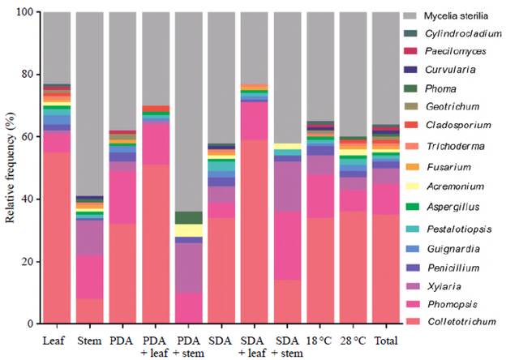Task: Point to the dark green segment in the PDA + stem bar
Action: point(188,217)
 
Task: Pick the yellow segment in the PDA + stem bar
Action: point(188,230)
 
